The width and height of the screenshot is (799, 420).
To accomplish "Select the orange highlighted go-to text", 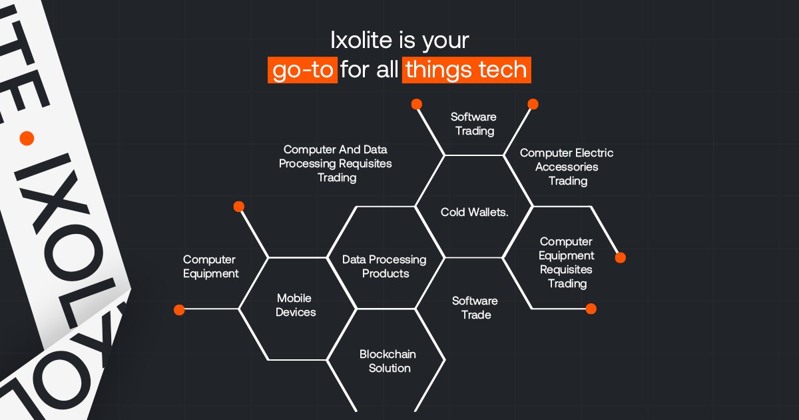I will coord(303,70).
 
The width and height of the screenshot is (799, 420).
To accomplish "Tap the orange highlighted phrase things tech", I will coord(466,70).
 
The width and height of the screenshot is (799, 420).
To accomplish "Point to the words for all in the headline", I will coord(370,70).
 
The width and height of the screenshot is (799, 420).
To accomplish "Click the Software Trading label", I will coord(474,124).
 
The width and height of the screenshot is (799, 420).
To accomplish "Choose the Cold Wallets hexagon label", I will coord(474,213).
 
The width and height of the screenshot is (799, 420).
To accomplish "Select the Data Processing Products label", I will coord(384,267).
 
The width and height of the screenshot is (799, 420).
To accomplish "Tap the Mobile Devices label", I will coord(296,305).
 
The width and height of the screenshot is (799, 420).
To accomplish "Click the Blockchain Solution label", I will coord(388,361).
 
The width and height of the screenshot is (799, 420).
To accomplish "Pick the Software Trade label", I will coord(475,308).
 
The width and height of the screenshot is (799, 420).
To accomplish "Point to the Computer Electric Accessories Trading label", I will coord(567,167).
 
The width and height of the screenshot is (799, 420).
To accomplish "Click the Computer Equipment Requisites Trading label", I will coord(566,263).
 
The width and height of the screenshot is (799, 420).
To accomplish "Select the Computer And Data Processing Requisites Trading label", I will coord(336,163).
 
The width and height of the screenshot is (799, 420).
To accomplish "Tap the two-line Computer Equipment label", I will coord(210,267).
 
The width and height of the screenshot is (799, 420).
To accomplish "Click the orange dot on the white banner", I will coord(27,139).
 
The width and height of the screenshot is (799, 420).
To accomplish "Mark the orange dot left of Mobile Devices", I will coord(178,309).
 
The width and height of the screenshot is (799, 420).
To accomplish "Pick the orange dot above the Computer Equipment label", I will coord(239,207).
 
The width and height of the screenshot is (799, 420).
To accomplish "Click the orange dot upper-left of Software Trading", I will coord(417,104).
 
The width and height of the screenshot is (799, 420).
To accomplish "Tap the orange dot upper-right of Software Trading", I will coord(533,104).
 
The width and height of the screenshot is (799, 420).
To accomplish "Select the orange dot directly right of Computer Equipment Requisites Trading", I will coord(621,258).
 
